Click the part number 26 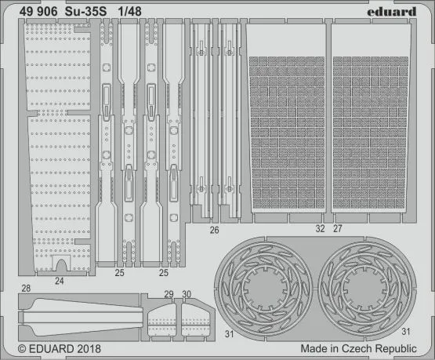[214, 231]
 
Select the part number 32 [319, 230]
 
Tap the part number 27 [338, 230]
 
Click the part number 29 [168, 294]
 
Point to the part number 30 [186, 294]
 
